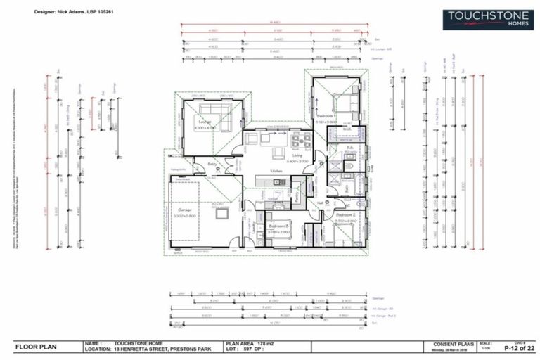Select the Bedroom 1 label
click(x=325, y=115)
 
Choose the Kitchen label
click(x=276, y=171)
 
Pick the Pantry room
click(x=297, y=191)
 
